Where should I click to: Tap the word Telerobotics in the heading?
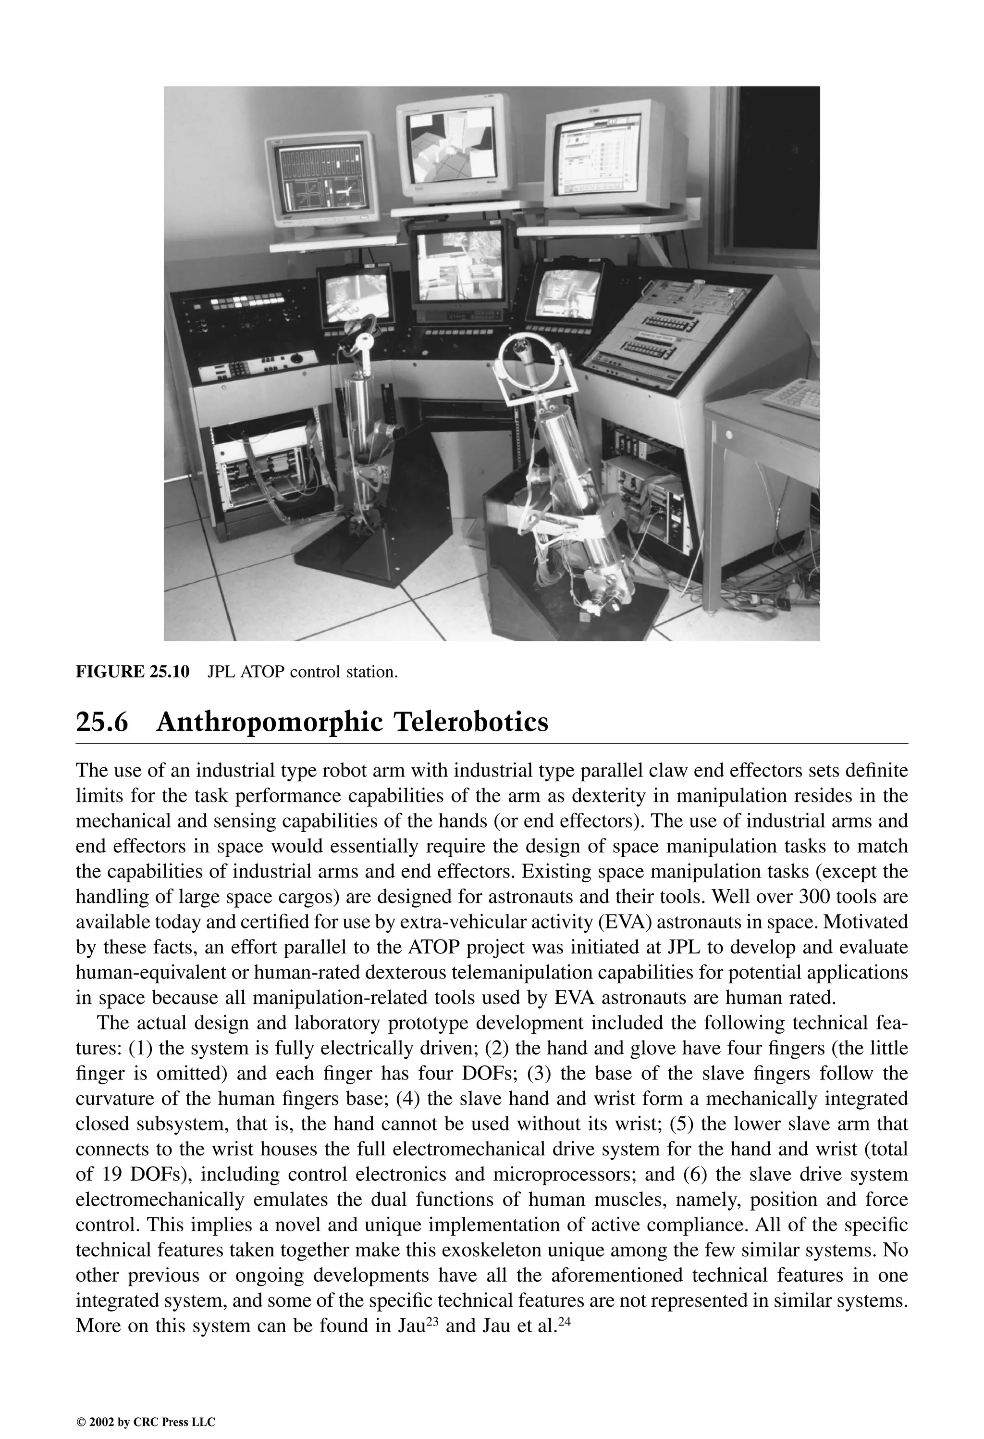point(470,722)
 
